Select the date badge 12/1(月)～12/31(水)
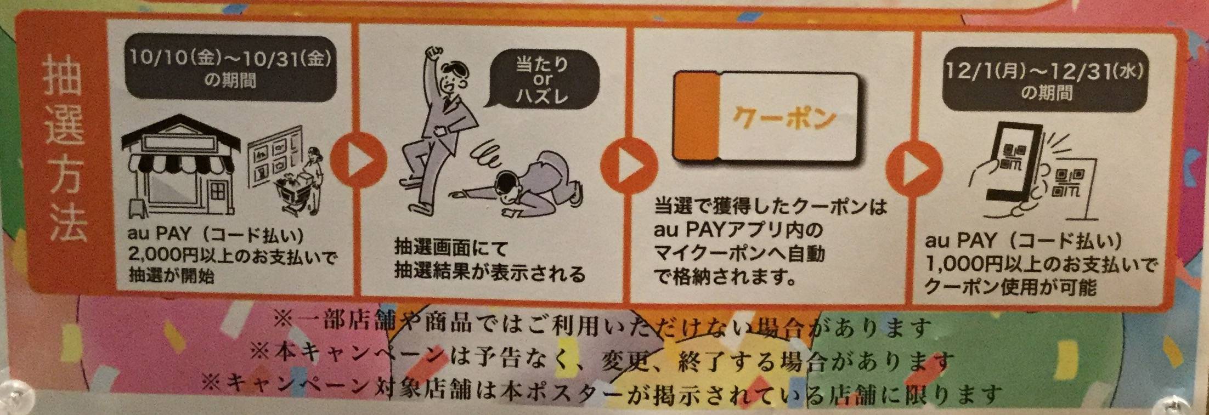(1045, 81)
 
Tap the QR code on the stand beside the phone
(1067, 181)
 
